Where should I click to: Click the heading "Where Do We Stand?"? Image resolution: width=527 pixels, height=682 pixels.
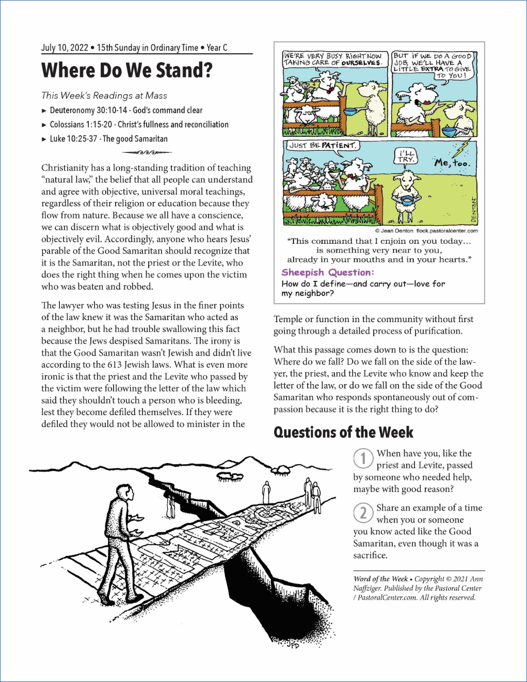[126, 70]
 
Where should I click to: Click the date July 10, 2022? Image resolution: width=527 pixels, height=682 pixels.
[65, 47]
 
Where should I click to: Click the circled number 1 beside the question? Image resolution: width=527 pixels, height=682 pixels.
[363, 458]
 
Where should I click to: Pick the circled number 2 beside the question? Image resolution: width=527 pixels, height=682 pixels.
[363, 513]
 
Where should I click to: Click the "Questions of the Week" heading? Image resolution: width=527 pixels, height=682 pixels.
[343, 432]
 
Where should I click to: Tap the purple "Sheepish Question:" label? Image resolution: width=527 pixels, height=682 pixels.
[328, 272]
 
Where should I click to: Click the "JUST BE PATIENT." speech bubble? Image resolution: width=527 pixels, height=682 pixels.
[322, 146]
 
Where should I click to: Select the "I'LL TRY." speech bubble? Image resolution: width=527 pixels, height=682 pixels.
[406, 156]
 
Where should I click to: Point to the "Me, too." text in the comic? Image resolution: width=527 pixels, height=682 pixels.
[452, 163]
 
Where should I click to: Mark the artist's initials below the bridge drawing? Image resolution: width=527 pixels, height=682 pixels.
[292, 645]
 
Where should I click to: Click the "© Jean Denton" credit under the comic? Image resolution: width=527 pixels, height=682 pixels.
[394, 231]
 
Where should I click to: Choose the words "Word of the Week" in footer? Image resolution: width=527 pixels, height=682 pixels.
[380, 579]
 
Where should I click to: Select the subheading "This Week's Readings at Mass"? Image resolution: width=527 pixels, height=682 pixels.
[104, 96]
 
